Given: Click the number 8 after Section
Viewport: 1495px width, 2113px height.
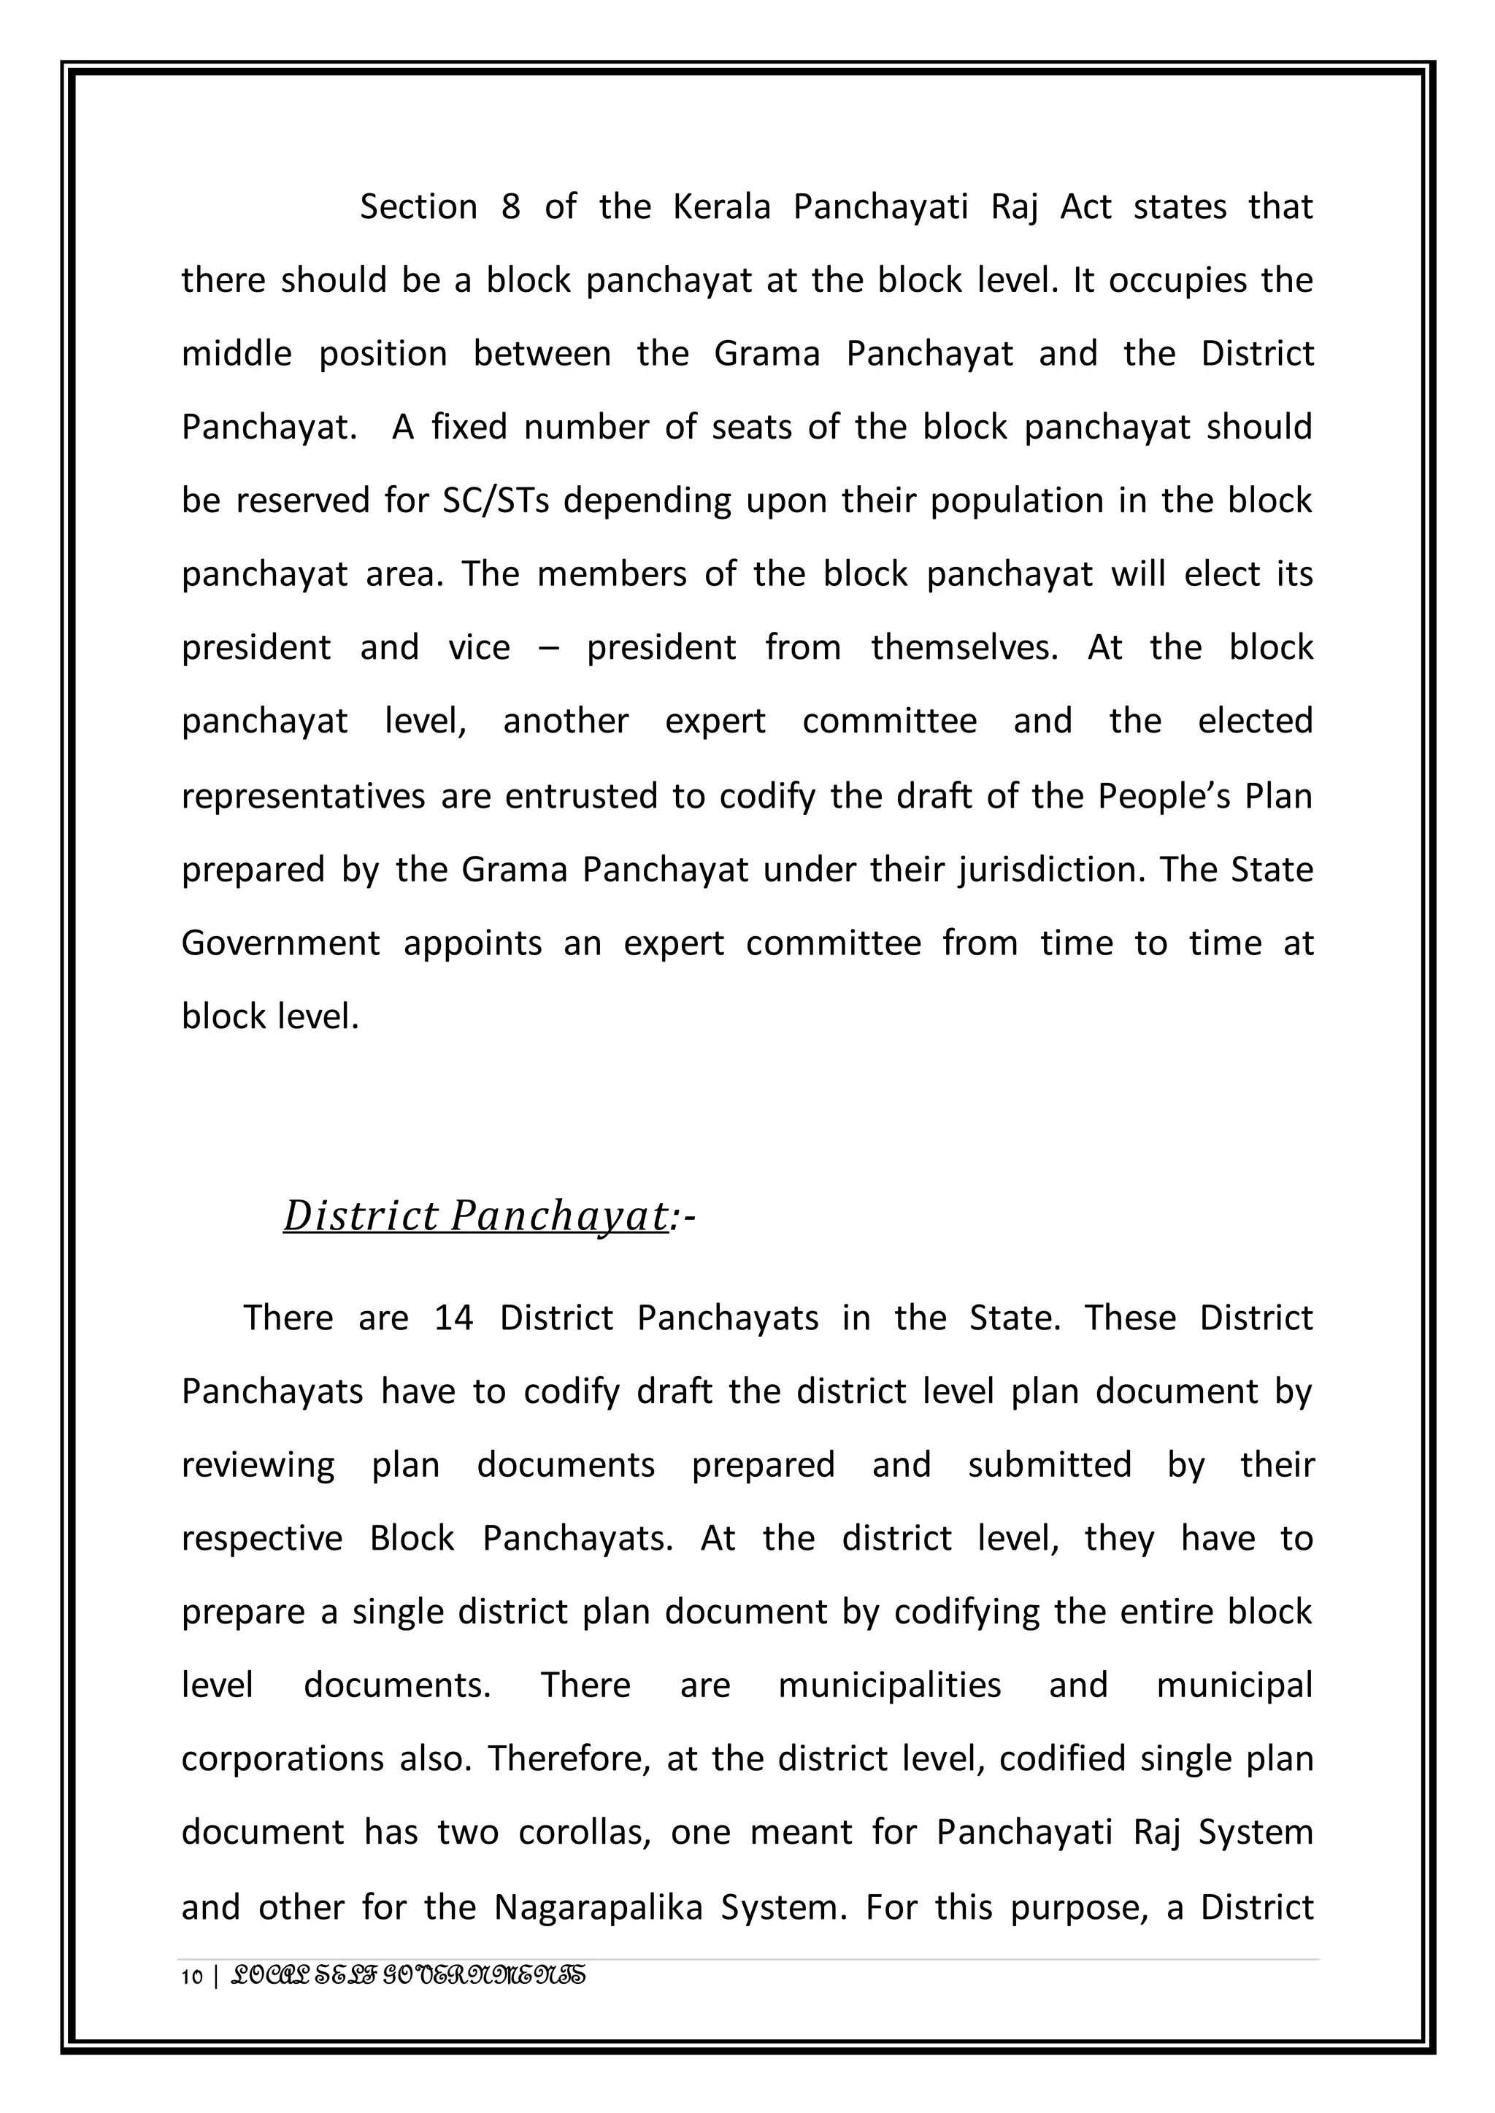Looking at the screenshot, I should coord(511,207).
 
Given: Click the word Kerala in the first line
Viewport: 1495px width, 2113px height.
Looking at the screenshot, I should coord(722,207).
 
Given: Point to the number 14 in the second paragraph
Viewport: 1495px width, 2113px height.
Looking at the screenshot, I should coord(454,1318).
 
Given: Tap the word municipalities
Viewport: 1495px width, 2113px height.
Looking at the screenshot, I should coord(889,1685).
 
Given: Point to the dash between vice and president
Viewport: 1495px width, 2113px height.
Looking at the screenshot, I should coord(549,649).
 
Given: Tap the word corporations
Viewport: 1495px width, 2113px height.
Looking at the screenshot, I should coord(282,1758).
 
